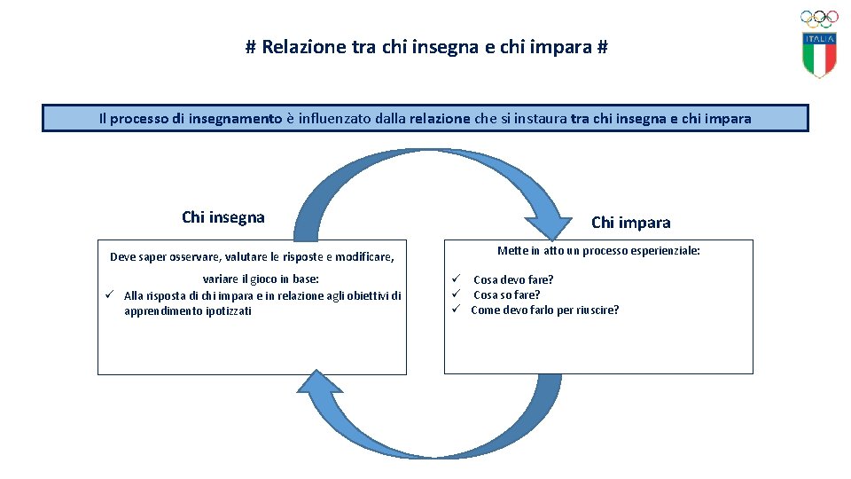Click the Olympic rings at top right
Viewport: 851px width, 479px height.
point(819,18)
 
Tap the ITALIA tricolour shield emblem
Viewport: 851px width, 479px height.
point(820,55)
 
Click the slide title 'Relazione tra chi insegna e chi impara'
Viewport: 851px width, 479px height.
point(426,47)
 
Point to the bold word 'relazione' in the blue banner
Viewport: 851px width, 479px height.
point(440,118)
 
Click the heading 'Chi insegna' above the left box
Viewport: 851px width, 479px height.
point(223,217)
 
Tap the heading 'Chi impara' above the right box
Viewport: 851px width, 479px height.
point(630,223)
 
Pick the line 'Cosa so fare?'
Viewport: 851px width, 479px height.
point(506,294)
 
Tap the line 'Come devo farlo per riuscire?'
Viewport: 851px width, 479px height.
point(544,310)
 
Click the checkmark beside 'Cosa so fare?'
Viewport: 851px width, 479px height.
point(452,294)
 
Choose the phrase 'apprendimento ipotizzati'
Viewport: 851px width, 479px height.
point(187,311)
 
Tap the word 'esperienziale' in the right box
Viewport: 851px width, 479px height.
point(663,251)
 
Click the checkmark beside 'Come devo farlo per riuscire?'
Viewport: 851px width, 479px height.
point(452,310)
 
